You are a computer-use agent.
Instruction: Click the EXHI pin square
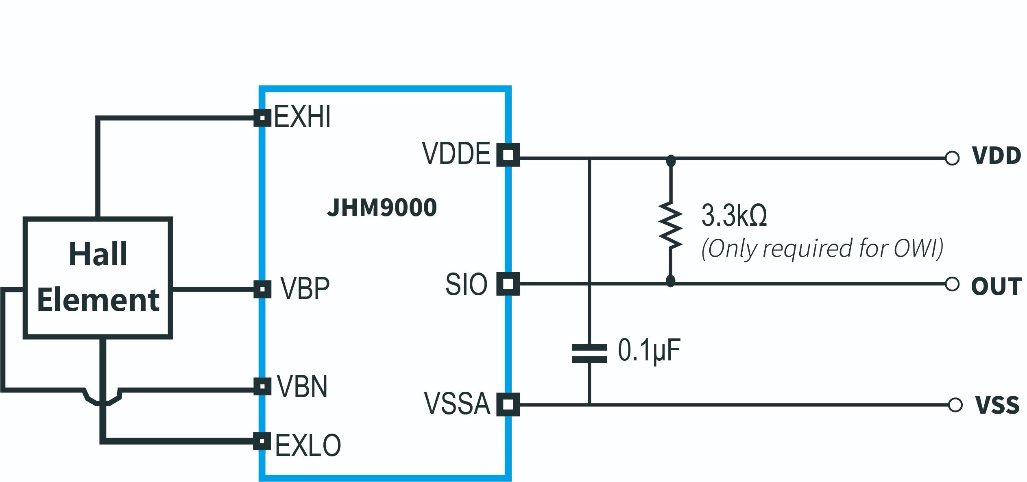click(x=262, y=118)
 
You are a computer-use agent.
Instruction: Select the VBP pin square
click(x=262, y=289)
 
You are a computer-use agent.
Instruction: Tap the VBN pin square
click(x=262, y=386)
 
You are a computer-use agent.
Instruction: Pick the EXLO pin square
click(x=262, y=441)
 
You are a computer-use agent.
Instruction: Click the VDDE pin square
click(x=508, y=155)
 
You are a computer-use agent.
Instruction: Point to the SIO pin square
click(x=508, y=284)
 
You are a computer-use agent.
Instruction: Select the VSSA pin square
click(x=508, y=404)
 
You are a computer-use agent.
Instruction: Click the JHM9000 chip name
click(x=382, y=208)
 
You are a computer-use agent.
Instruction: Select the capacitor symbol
click(x=589, y=353)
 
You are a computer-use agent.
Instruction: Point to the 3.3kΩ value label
click(x=734, y=215)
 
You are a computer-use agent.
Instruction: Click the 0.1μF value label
click(x=649, y=350)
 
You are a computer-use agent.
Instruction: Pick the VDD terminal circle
click(x=952, y=158)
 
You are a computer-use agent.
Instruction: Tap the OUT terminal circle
click(x=952, y=284)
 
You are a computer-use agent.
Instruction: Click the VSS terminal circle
click(x=955, y=405)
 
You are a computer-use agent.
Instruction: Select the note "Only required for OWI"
click(x=822, y=249)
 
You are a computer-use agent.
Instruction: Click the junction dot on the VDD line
click(x=671, y=160)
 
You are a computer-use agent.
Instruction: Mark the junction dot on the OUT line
click(x=670, y=281)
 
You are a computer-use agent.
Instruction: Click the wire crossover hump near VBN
click(x=103, y=401)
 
